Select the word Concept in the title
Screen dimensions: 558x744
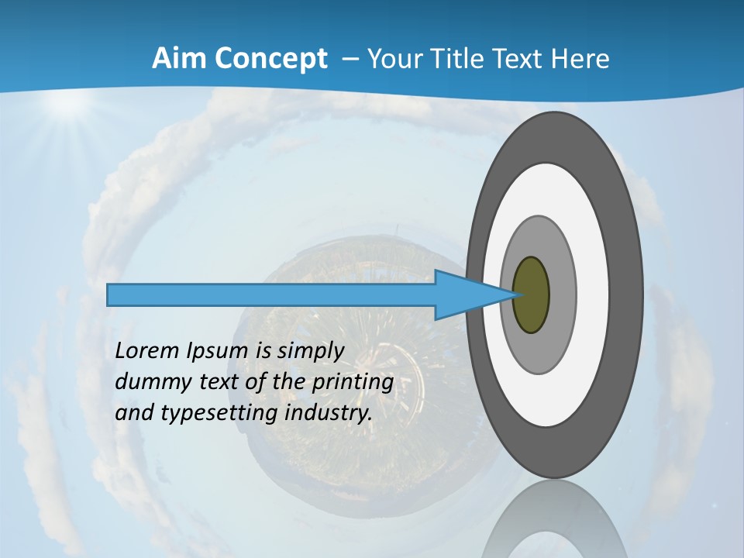point(269,59)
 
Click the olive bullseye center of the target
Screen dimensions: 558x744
point(531,294)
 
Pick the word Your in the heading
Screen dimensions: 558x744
point(393,59)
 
